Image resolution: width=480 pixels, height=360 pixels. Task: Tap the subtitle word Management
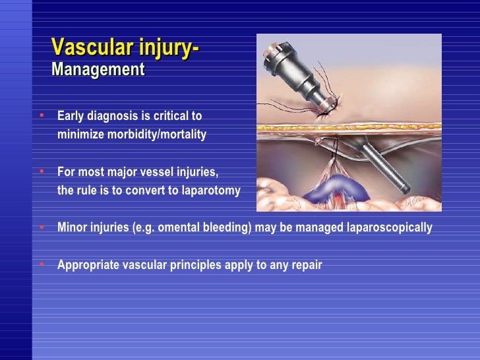[98, 69]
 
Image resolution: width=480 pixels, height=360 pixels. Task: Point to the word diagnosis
[113, 117]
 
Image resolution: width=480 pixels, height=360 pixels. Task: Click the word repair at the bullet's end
[305, 266]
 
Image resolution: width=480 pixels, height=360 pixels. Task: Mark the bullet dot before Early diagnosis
[42, 115]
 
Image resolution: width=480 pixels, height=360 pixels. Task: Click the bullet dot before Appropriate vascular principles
[42, 264]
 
